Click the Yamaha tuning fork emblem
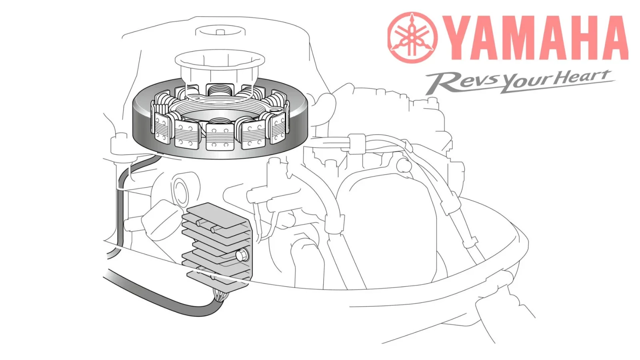(x=412, y=38)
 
